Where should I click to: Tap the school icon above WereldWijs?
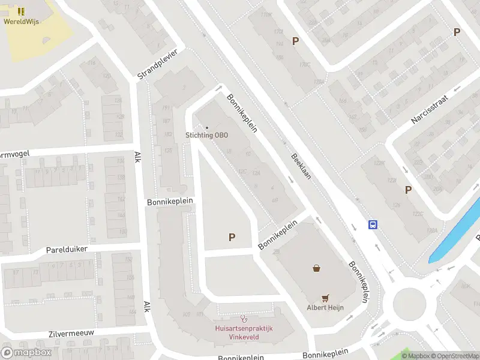pyautogui.click(x=21, y=11)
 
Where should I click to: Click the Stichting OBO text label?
pyautogui.click(x=207, y=135)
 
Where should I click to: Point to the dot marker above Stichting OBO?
pyautogui.click(x=207, y=127)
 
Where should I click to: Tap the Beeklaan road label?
pyautogui.click(x=301, y=167)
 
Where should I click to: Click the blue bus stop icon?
pyautogui.click(x=373, y=225)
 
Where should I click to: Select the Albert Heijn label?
pyautogui.click(x=325, y=308)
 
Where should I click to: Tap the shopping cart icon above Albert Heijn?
pyautogui.click(x=325, y=298)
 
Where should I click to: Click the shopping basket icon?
pyautogui.click(x=316, y=268)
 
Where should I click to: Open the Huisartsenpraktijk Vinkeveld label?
pyautogui.click(x=244, y=332)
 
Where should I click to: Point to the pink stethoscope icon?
pyautogui.click(x=243, y=318)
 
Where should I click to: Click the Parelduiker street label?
pyautogui.click(x=67, y=249)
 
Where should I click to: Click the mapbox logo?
pyautogui.click(x=26, y=352)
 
